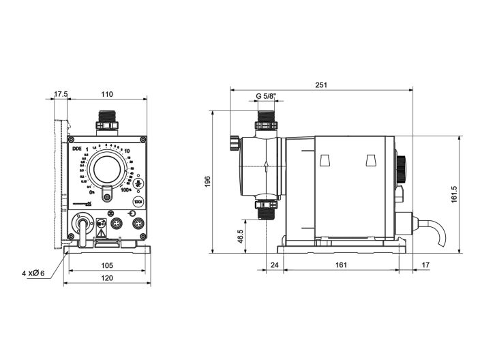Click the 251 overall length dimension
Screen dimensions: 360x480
321,85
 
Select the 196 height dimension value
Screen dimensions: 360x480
208,181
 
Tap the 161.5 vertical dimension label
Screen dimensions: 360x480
454,194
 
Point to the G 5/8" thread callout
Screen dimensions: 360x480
267,96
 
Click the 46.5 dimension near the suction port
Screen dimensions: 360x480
240,236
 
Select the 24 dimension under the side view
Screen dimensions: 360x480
275,265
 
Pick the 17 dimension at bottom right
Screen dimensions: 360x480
425,265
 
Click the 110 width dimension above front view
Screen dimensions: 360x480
107,95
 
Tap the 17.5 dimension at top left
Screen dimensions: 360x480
61,95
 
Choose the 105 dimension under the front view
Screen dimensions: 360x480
107,265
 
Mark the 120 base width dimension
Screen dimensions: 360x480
107,278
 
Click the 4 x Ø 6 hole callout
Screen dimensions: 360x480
33,273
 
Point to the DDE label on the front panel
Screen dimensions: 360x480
76,148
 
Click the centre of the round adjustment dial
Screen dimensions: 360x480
108,168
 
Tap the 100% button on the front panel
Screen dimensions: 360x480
138,202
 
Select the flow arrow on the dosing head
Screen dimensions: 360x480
266,166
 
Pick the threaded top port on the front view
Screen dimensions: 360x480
107,121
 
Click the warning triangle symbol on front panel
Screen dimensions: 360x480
101,233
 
